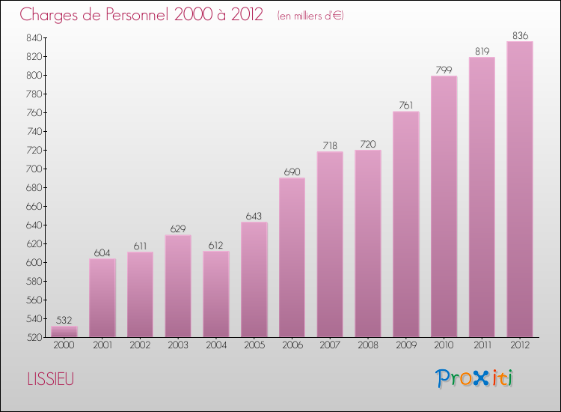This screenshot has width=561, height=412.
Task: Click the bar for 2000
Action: tap(64, 331)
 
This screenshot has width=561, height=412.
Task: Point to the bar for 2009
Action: tap(405, 224)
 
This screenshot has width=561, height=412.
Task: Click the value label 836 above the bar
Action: tap(519, 35)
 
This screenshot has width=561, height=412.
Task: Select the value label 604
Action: tap(102, 252)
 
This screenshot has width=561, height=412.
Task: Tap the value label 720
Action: tap(367, 144)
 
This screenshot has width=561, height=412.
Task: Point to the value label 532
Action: tap(64, 320)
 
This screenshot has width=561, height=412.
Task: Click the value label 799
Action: tap(444, 70)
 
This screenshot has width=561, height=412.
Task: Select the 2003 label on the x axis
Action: tap(177, 345)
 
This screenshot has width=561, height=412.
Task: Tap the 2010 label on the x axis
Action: tap(444, 345)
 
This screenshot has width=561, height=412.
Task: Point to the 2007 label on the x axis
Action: tap(329, 345)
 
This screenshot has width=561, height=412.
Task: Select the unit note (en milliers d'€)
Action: tap(310, 16)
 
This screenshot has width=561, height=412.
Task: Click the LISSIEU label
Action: tap(48, 379)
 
